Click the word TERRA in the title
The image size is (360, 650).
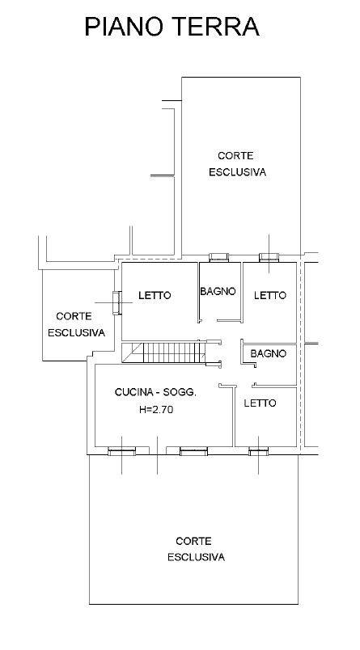(217, 27)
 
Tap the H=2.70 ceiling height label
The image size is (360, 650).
(156, 410)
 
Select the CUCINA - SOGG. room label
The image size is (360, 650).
(155, 392)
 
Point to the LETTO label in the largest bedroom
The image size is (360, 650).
(155, 296)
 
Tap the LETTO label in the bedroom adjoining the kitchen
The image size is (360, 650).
(260, 403)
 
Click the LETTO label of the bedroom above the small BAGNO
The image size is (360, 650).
(270, 296)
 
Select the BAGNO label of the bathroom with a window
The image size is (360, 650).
(218, 291)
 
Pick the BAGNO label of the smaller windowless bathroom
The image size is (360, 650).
(269, 353)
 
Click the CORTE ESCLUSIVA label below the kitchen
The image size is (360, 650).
(196, 549)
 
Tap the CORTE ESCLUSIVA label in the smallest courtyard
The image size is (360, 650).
(76, 324)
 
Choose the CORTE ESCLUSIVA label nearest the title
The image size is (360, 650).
(237, 164)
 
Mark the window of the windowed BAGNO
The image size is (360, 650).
(218, 257)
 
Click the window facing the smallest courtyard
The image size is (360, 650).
(117, 302)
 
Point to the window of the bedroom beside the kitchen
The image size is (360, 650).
(258, 451)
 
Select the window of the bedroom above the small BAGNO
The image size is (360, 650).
(269, 257)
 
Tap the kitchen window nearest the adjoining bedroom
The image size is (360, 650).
(193, 451)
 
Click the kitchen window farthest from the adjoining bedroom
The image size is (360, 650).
(121, 451)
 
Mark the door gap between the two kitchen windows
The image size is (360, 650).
(158, 450)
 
